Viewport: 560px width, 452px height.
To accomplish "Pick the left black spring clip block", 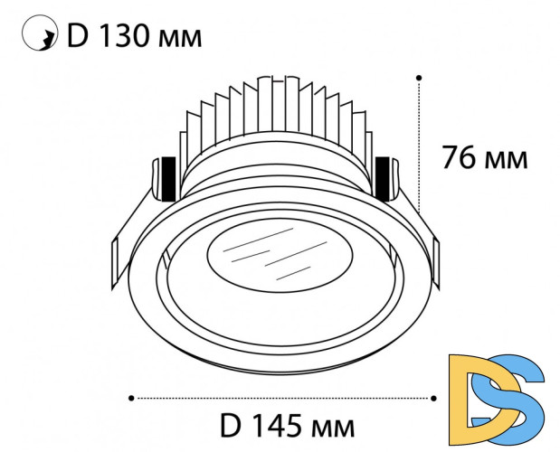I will point(166,180).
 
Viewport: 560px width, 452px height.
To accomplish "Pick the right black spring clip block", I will point(384,180).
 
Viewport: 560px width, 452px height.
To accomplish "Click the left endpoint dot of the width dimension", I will point(132,397).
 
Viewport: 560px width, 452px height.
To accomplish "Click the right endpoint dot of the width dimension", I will point(435,397).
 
